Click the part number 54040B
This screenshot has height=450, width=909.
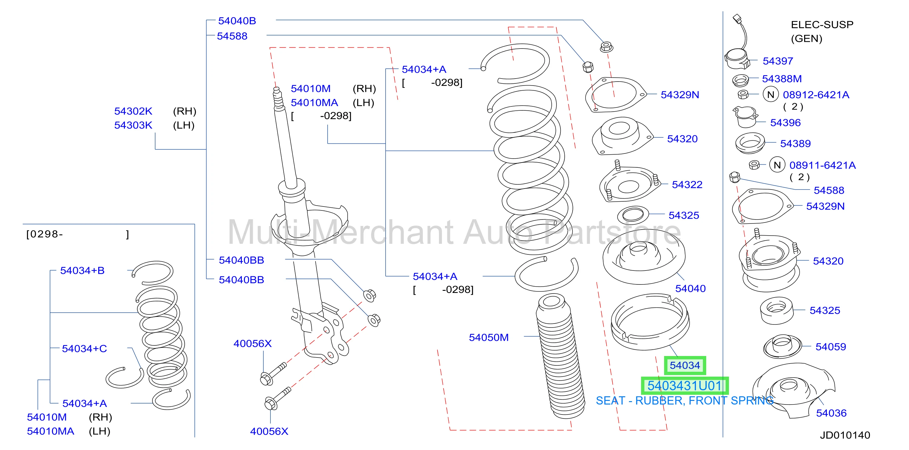pos(237,21)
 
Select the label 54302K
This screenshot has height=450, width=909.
pos(133,111)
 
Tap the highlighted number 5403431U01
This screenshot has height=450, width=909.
pos(685,386)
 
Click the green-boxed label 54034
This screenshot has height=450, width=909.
pos(685,365)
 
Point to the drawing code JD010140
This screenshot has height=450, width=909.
pos(845,435)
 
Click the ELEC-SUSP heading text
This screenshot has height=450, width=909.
pos(822,25)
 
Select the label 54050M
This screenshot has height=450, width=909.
pos(489,337)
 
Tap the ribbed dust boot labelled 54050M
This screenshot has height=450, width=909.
pos(560,357)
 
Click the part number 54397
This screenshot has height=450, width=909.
pos(778,61)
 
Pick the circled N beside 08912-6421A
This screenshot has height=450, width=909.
pos(771,95)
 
